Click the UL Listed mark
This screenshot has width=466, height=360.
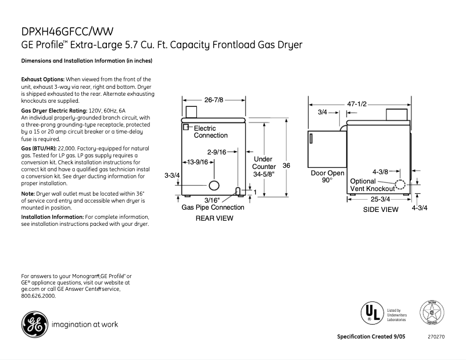pyautogui.click(x=371, y=314)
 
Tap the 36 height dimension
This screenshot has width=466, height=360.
pyautogui.click(x=286, y=165)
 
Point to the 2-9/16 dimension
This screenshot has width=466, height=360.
pyautogui.click(x=224, y=152)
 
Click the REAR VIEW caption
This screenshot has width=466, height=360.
pyautogui.click(x=214, y=218)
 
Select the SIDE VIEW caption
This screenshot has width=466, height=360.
pyautogui.click(x=381, y=210)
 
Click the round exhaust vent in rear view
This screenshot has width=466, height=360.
pyautogui.click(x=214, y=186)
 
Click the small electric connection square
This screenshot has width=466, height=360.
pyautogui.click(x=187, y=127)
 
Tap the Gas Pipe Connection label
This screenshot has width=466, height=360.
pyautogui.click(x=213, y=207)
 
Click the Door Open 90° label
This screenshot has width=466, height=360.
pyautogui.click(x=327, y=177)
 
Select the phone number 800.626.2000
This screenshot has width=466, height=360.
pyautogui.click(x=38, y=296)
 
